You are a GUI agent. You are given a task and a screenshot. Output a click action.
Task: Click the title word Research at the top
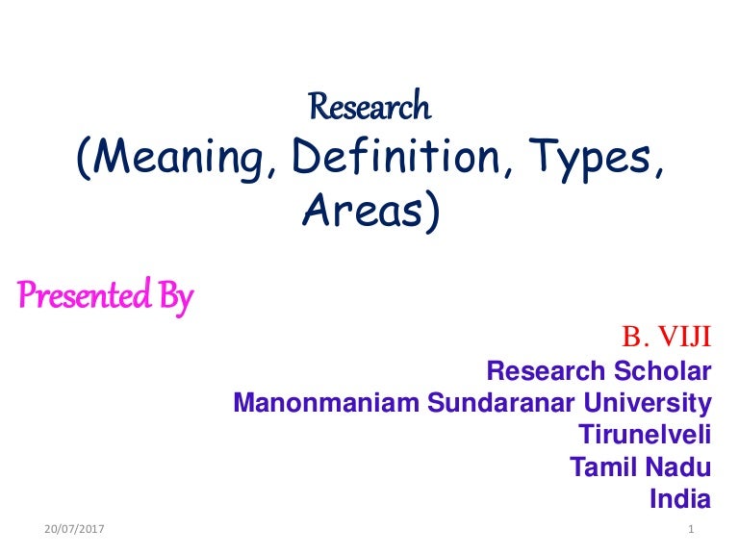point(369,107)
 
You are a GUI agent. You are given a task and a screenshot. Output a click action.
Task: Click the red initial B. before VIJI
point(635,337)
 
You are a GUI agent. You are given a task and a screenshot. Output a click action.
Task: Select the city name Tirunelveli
point(645,435)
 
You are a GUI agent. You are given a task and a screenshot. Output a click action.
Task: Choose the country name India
point(680,499)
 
